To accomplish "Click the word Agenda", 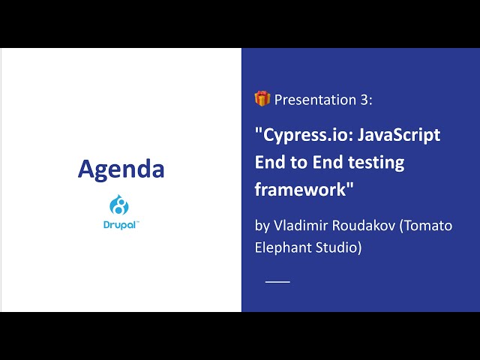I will coord(121,169).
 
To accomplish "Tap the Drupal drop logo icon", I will coord(120,205).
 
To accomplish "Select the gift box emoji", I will coord(262,98).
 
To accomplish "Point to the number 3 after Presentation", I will coord(365,100).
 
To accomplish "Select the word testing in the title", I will coord(373,162).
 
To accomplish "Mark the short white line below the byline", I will coord(277,281).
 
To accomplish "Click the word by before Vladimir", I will coord(262,226).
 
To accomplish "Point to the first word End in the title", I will coord(270,162).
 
